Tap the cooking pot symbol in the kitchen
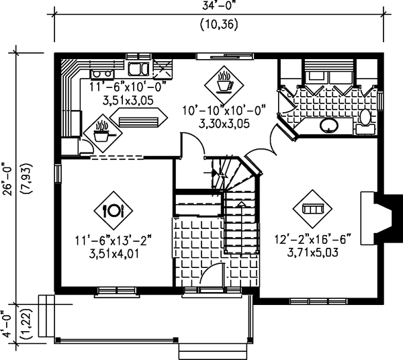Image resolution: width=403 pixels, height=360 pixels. tap(103, 133)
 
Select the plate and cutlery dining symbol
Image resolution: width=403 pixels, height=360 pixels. tap(113, 211)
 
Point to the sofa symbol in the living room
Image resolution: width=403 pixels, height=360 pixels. tap(312, 209)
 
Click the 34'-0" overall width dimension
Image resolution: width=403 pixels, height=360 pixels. tap(219, 5)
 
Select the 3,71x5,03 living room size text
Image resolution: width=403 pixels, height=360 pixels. tap(312, 253)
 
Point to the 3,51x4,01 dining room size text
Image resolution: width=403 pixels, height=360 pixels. tap(114, 254)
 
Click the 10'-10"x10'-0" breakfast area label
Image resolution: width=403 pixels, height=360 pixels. tap(224, 111)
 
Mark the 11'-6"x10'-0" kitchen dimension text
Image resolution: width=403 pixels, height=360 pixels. tap(128, 87)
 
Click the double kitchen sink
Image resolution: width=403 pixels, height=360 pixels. tap(139, 69)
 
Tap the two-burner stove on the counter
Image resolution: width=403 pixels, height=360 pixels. tap(102, 74)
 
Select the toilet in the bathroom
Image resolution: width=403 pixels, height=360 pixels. tap(365, 122)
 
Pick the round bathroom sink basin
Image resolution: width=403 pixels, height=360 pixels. tap(328, 126)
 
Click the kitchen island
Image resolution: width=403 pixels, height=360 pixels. tap(139, 118)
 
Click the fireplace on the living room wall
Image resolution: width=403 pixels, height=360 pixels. tap(375, 218)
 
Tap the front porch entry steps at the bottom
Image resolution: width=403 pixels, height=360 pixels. tap(213, 351)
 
